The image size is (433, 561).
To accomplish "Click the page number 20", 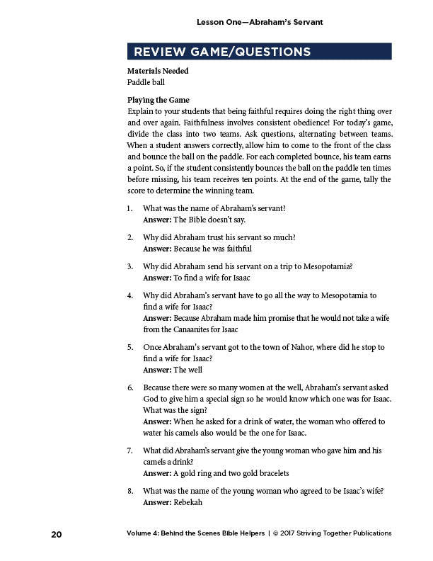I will (x=56, y=533).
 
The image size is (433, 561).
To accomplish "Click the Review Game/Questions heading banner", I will (x=259, y=52).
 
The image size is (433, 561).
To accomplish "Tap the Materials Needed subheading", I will (x=158, y=71).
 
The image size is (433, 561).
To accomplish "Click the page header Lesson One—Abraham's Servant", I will (x=260, y=22).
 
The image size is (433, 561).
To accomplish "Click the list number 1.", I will (x=130, y=208).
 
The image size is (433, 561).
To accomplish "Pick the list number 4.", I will (x=130, y=295).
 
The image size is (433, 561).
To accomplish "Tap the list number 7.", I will (x=130, y=450).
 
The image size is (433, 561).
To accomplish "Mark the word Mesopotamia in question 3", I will (x=327, y=266).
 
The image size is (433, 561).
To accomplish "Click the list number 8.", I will (x=130, y=490).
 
